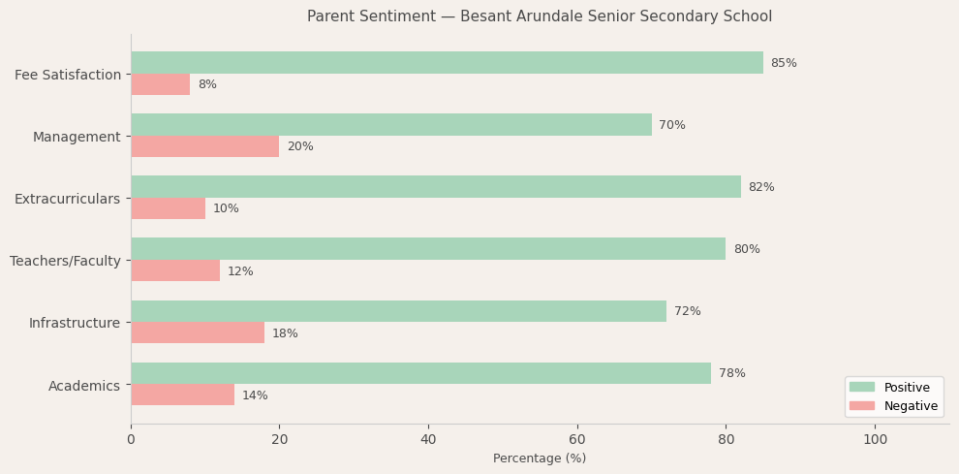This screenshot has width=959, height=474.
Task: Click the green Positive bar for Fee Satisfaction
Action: coord(447,63)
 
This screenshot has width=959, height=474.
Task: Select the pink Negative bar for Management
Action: coord(204,146)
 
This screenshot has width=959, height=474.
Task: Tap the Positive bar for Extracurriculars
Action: coord(435,187)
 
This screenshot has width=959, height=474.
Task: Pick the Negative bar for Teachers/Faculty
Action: coord(175,271)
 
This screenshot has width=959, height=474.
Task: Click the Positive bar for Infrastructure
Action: coord(398,311)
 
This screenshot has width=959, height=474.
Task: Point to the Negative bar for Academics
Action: coord(182,395)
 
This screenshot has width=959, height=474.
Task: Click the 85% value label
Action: coord(784,63)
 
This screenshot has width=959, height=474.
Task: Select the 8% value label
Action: coord(207,85)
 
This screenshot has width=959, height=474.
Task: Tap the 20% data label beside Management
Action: coord(300,147)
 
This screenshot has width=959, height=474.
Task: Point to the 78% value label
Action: coord(732,374)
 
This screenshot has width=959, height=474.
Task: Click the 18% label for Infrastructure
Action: coord(285,333)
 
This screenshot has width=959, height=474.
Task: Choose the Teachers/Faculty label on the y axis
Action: coord(65,261)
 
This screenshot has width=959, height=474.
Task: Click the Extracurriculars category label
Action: coord(67,199)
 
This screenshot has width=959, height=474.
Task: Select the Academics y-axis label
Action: coord(84,386)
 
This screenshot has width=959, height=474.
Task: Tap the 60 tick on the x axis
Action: coord(577,440)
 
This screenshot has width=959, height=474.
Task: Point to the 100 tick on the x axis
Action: coord(875,440)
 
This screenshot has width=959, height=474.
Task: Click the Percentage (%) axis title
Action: coord(540,458)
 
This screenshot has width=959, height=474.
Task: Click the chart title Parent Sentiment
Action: coord(540,16)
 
